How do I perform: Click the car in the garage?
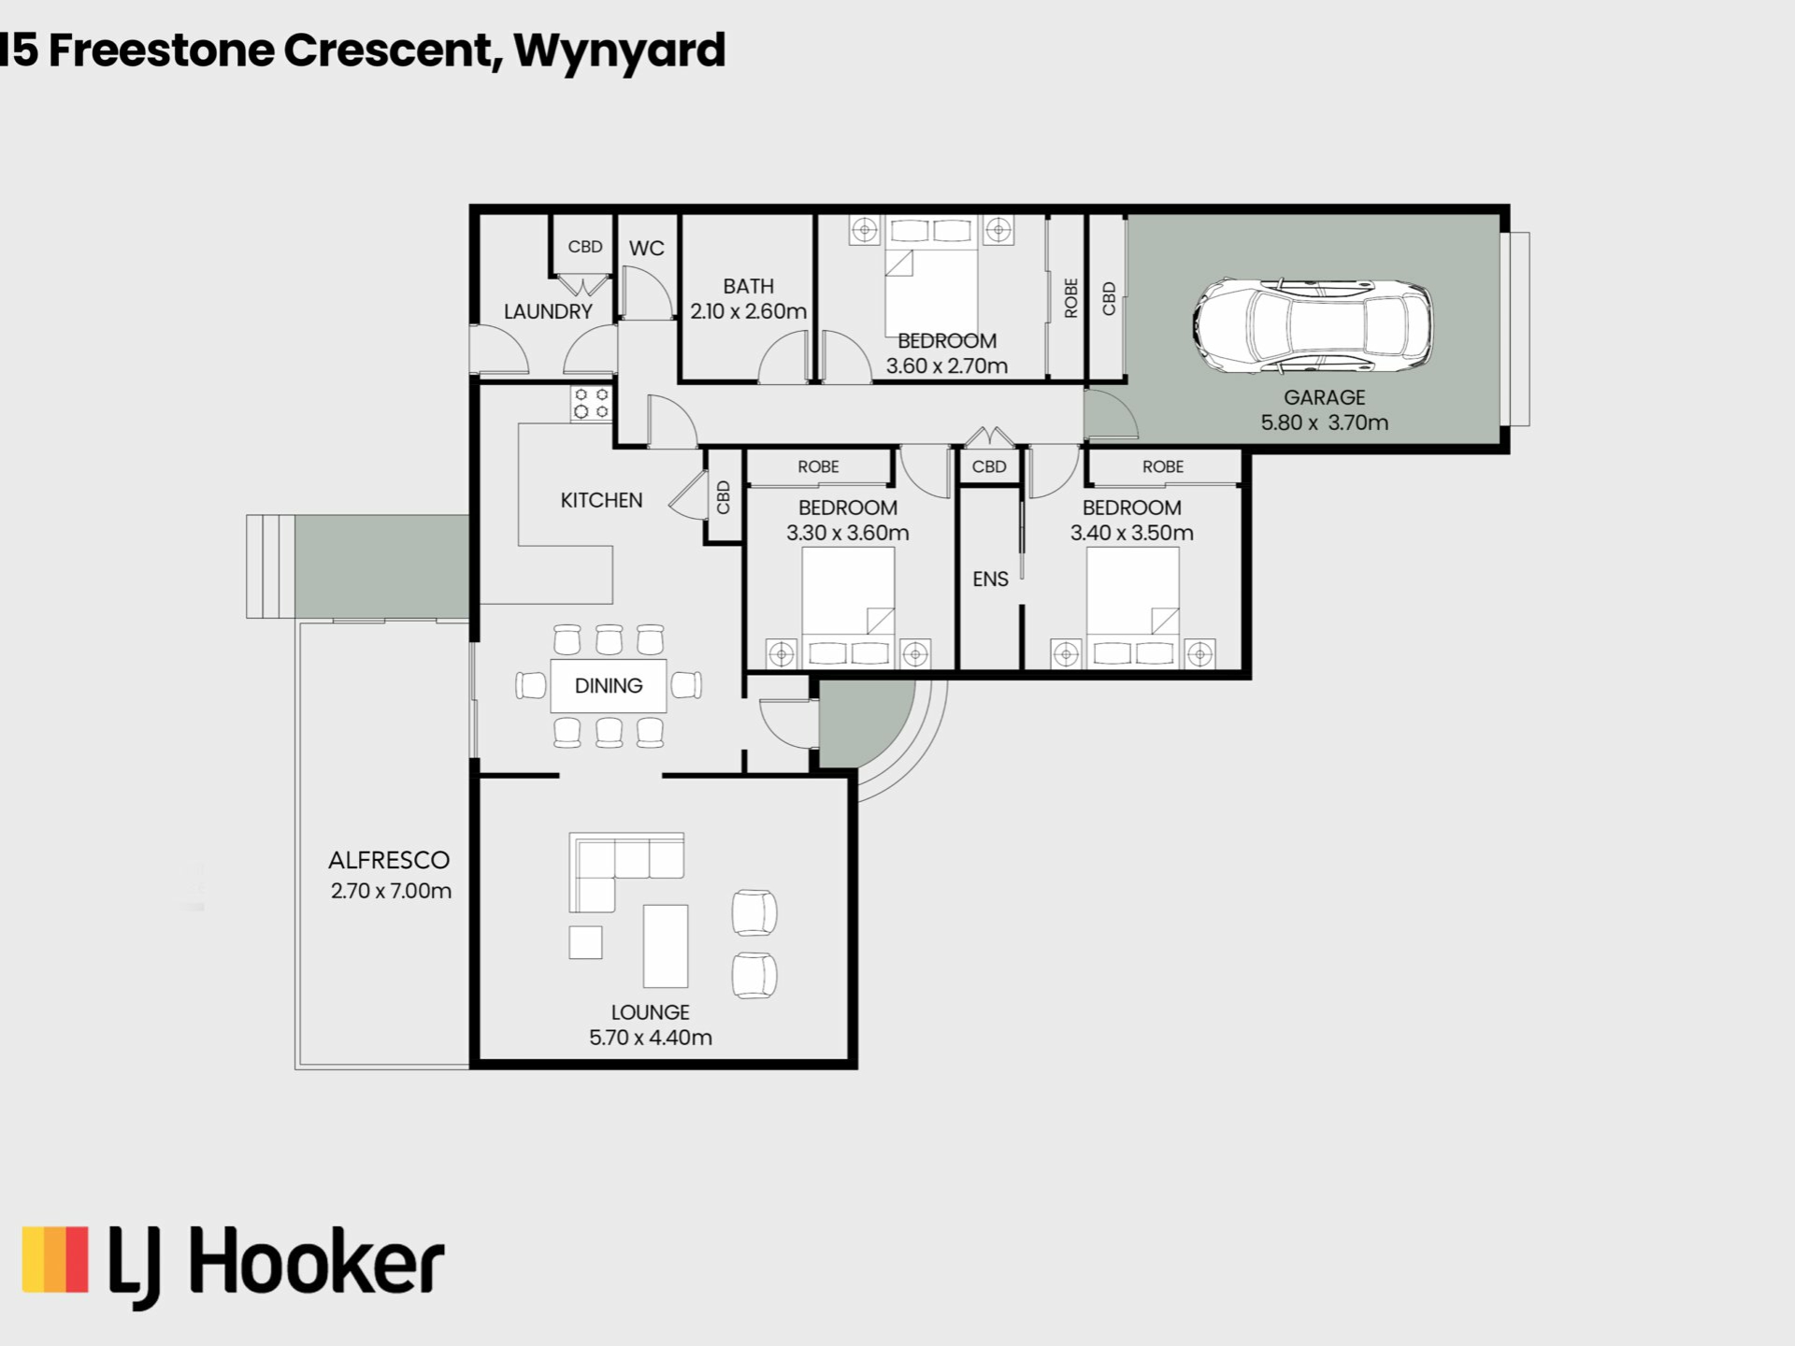[1313, 326]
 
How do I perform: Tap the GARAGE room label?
[1324, 397]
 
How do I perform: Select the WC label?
[646, 249]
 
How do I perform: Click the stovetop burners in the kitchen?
[591, 403]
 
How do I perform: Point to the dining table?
[609, 685]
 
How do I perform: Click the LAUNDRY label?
[548, 311]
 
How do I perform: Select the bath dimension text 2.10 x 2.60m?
[748, 311]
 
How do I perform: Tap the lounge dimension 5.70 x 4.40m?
[651, 1038]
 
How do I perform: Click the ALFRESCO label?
[389, 860]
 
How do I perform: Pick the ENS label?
[990, 580]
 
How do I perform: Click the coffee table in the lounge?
[665, 946]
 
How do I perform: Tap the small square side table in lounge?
[585, 942]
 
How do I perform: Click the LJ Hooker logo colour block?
[55, 1259]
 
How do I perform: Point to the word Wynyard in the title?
[620, 51]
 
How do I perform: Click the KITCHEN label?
[601, 500]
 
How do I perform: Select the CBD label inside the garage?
[1109, 298]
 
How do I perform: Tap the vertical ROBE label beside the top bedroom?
[1071, 297]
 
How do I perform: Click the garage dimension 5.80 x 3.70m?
[1324, 422]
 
